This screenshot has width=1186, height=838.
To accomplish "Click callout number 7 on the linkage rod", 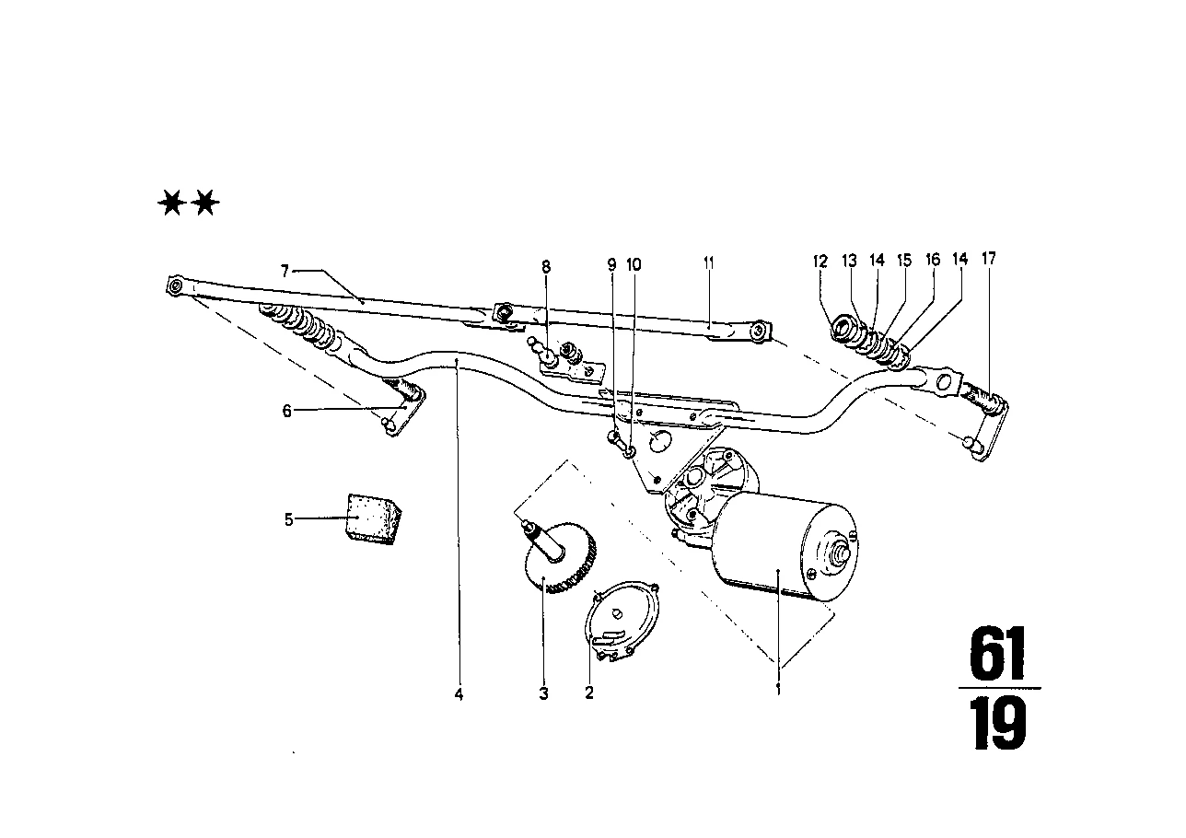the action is pos(285,272).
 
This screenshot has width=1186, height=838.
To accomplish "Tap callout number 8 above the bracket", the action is pos(546,267).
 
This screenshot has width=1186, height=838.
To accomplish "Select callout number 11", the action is pos(708,263).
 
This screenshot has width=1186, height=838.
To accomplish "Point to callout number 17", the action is pos(989,259).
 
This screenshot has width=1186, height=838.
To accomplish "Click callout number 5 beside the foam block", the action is pos(288,519).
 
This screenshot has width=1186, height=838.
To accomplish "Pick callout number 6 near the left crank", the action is pos(287,411).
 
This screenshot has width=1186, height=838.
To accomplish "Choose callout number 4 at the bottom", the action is pos(459,694).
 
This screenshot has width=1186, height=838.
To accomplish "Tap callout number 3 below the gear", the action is pos(544,693).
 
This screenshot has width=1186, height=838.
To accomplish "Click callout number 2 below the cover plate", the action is pos(589,693).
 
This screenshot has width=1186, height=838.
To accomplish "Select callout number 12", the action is pos(820,262).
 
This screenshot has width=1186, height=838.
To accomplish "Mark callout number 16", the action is pos(933,260).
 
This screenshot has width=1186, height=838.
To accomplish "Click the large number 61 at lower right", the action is pos(997,655).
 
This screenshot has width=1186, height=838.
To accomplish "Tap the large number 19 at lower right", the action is pos(998,724).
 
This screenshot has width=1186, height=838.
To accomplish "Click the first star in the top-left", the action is pos(172,204).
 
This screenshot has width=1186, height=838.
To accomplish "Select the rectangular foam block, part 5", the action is pos(373,519).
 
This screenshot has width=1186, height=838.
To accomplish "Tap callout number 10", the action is pos(634,264).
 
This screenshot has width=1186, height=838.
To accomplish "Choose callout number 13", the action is pos(849,261).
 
